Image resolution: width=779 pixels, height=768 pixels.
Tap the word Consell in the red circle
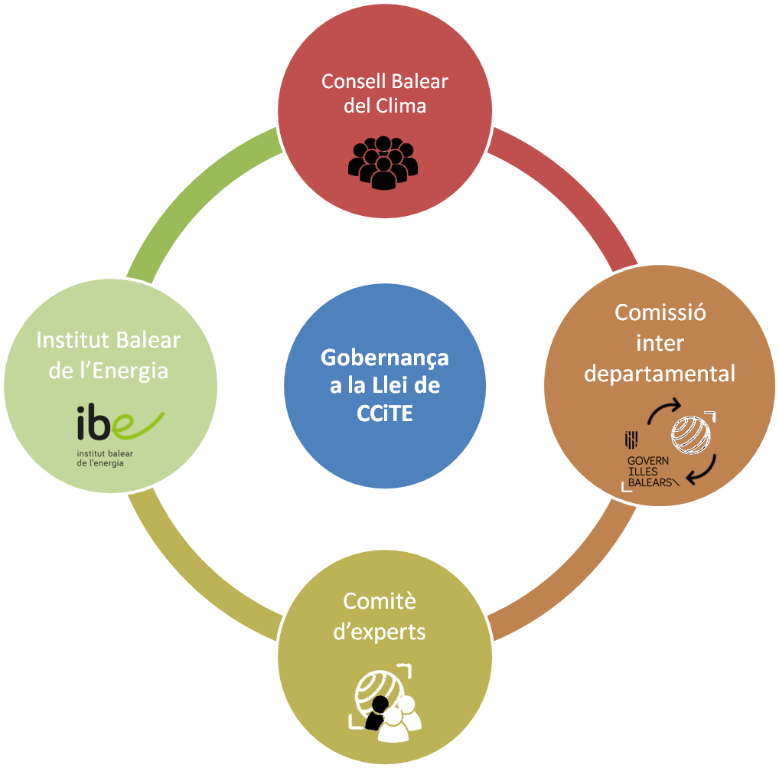click(347, 81)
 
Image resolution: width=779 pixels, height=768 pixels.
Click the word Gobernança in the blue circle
click(384, 358)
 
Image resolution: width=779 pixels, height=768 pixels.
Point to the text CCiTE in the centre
click(384, 413)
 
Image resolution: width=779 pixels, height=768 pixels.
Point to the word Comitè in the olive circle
click(379, 601)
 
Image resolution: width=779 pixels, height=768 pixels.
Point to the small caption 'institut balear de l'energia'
click(103, 458)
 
